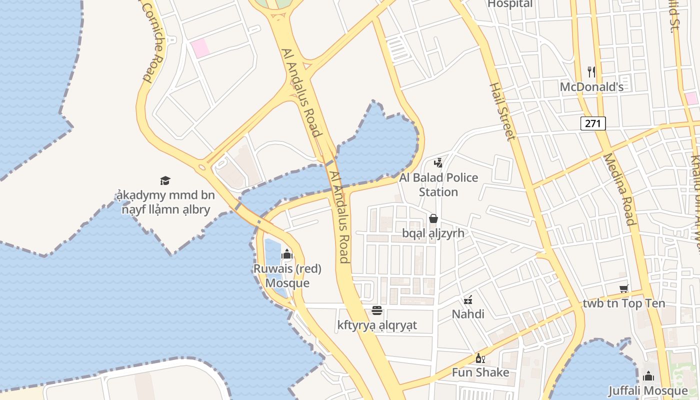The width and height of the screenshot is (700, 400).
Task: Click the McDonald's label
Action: click(x=591, y=87)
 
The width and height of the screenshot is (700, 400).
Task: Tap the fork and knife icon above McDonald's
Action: click(x=591, y=72)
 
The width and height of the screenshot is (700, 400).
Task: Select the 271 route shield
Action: click(x=593, y=123)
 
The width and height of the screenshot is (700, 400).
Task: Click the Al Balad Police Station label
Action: click(x=438, y=184)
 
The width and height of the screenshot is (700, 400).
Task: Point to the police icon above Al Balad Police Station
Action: click(x=438, y=162)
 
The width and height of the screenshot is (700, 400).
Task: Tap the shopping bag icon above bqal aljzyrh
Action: click(x=433, y=218)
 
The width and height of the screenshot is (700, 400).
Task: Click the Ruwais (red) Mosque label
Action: click(x=287, y=275)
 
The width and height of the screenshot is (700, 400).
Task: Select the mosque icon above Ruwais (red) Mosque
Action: click(x=287, y=254)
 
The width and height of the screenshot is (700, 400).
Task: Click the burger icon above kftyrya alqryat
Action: click(x=377, y=311)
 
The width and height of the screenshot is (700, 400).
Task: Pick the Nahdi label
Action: click(x=468, y=314)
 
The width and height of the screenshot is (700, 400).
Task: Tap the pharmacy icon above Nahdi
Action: click(x=468, y=300)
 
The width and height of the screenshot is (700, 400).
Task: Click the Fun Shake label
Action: click(x=480, y=372)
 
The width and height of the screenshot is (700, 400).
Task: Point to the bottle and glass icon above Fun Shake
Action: click(x=480, y=358)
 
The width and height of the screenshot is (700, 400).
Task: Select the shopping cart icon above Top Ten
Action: click(x=623, y=288)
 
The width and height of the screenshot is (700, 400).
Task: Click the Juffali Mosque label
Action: click(x=648, y=390)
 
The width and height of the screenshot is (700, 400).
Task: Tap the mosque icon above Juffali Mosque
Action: click(x=648, y=376)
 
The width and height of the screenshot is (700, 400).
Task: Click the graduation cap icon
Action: click(x=165, y=180)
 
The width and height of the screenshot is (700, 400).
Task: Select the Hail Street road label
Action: click(x=502, y=111)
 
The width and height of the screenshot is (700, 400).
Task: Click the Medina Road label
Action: click(x=619, y=189)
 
